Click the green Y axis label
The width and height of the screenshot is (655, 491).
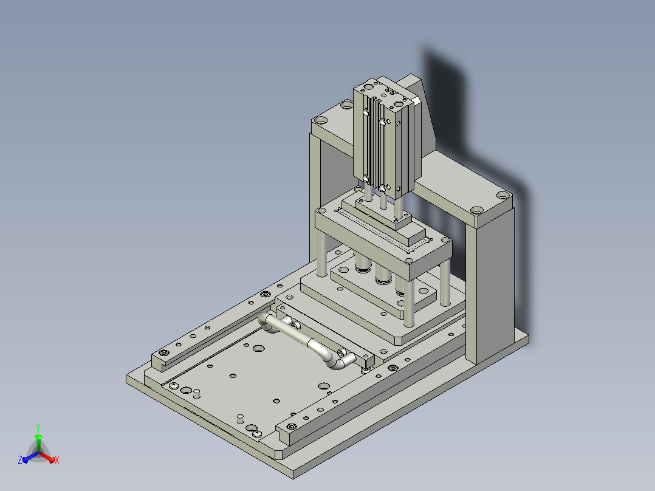(x=38, y=427)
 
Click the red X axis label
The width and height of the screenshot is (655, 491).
(x=57, y=460)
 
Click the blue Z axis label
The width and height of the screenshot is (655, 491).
(x=20, y=459)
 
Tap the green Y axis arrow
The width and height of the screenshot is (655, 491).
(x=38, y=442)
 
